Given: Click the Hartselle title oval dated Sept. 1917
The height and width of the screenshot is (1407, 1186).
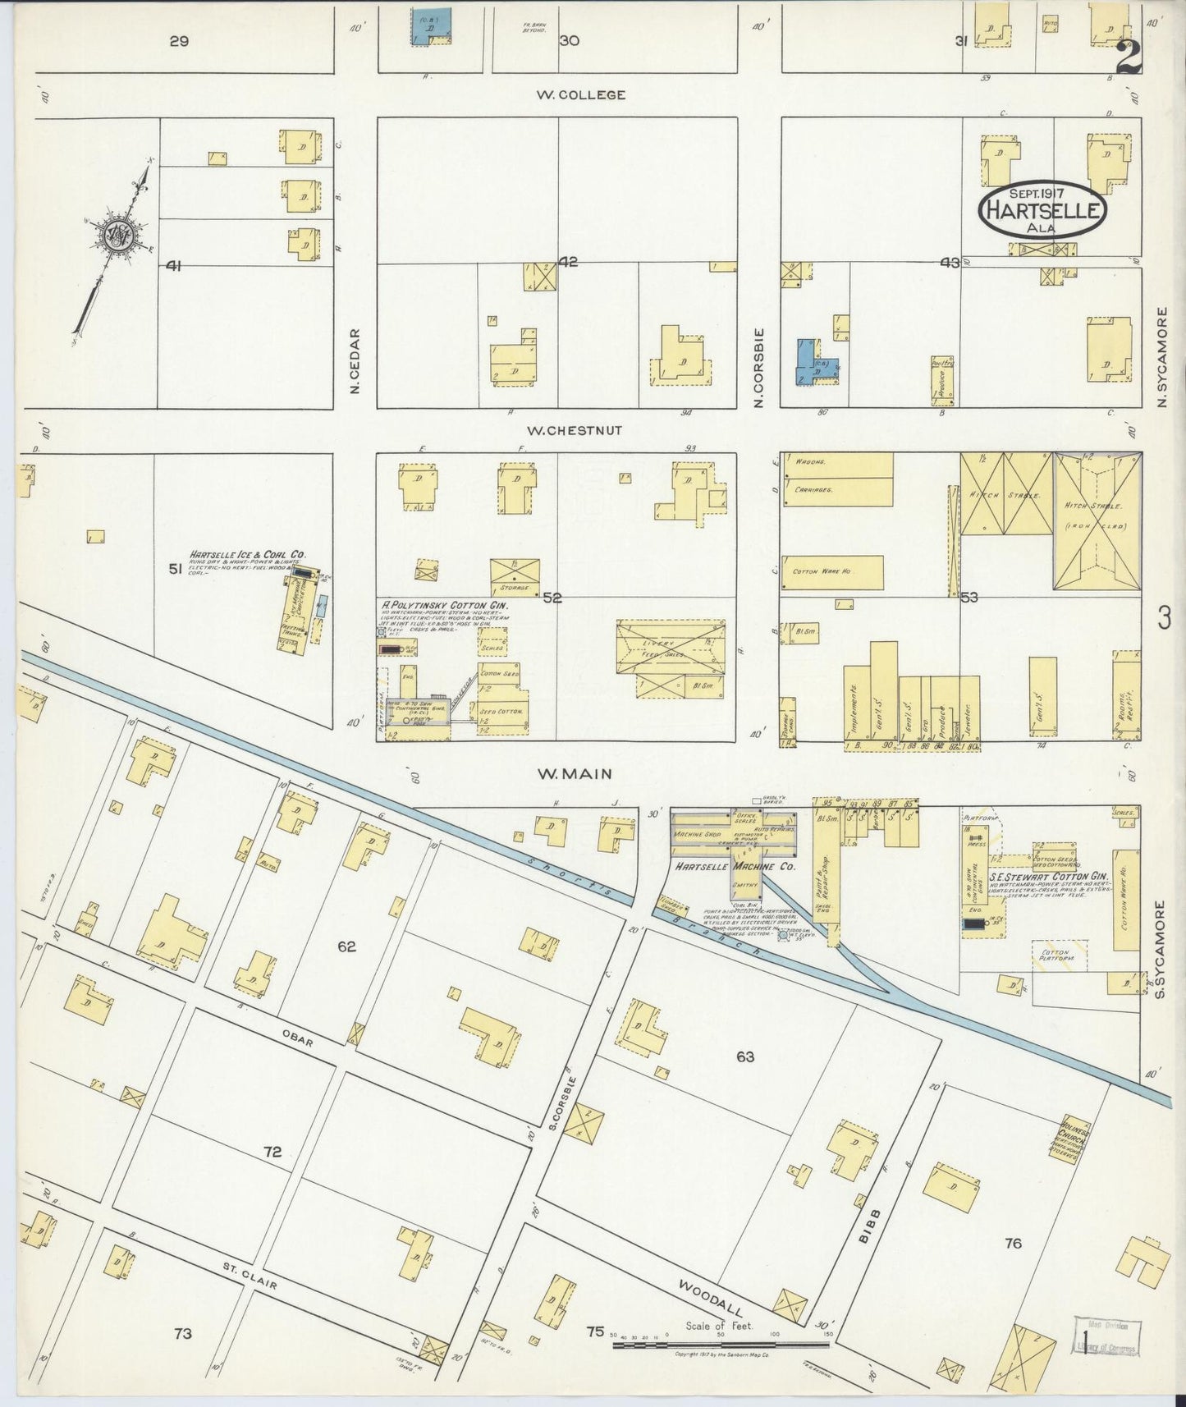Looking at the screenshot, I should [x=1042, y=210].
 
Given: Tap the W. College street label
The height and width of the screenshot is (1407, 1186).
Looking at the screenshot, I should [x=580, y=94].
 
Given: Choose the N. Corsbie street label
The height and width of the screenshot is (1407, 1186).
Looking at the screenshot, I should [x=760, y=367].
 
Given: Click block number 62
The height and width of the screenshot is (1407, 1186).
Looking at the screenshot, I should [x=346, y=946].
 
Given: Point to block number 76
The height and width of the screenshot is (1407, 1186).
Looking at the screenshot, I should [x=1013, y=1243].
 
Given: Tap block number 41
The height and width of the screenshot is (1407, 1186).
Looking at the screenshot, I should [x=173, y=265].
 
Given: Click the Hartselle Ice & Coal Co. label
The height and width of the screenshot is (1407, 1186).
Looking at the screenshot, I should [x=247, y=554].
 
